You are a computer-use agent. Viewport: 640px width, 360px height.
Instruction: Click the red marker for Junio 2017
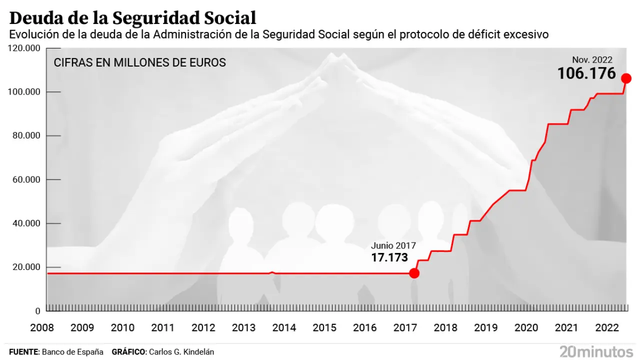pos(414,273)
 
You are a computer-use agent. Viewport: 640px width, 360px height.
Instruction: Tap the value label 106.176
pos(586,73)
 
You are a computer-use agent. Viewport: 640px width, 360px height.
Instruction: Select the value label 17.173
pos(389,258)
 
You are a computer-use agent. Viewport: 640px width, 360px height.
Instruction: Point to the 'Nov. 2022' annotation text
pos(592,60)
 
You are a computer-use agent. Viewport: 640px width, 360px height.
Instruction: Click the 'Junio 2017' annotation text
pos(393,245)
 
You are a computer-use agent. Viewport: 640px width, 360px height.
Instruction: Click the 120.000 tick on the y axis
pos(25,48)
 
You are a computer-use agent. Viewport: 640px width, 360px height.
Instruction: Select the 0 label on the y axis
pos(38,310)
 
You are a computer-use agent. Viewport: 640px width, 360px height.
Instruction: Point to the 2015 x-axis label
pos(324,328)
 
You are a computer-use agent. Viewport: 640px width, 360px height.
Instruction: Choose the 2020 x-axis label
pos(526,328)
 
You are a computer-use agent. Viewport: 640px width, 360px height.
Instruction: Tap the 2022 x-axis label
pos(607,328)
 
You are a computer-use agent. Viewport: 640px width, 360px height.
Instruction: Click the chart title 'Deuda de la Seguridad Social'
pos(132,18)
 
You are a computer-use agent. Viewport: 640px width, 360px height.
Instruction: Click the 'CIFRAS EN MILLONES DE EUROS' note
pos(140,63)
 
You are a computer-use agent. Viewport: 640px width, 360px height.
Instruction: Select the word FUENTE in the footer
pos(23,352)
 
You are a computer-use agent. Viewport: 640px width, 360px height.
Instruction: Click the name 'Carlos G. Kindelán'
pos(182,352)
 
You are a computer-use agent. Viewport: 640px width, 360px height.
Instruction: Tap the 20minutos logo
pos(596,351)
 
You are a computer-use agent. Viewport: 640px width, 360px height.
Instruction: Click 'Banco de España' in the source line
pos(72,352)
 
